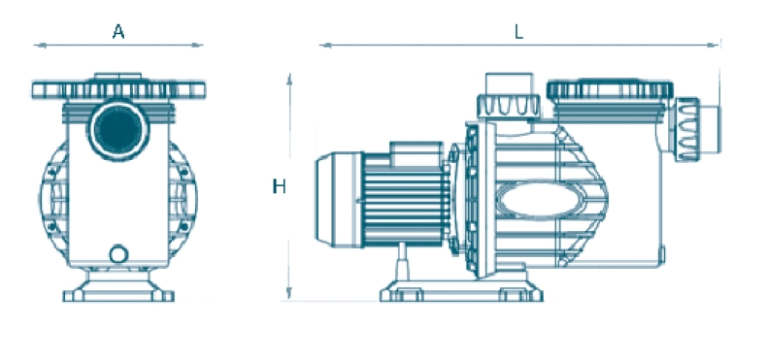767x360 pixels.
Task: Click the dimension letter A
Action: coord(118,32)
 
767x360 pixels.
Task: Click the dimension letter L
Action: coord(519,32)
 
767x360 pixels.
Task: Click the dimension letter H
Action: coord(279,186)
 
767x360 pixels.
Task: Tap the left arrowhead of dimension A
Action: coord(40,46)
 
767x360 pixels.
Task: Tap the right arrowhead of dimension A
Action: coord(197,46)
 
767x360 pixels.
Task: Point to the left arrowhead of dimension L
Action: coord(326,46)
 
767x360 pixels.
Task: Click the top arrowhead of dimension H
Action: coord(289,81)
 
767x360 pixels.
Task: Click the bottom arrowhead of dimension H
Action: coord(289,292)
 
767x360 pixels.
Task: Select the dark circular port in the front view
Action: coord(118,131)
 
